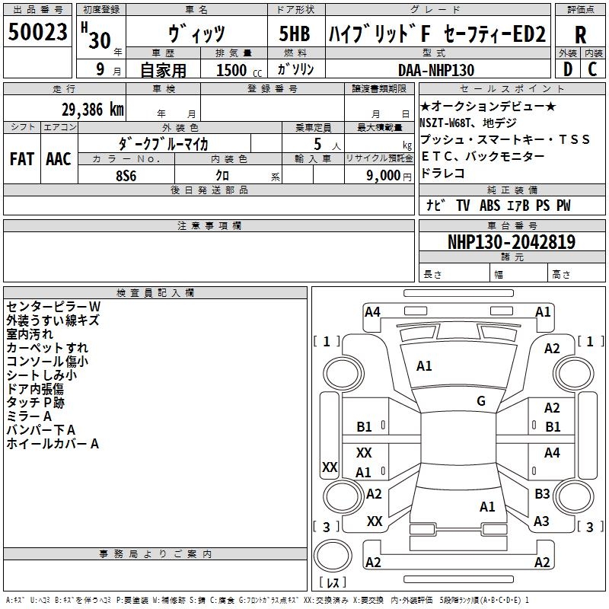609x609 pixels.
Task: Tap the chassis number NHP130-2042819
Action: coord(511,242)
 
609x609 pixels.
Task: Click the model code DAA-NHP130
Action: coord(436,70)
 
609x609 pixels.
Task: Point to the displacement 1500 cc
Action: coord(237,70)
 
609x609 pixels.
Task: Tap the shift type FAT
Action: coord(22,159)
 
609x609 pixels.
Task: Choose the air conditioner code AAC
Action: coord(58,159)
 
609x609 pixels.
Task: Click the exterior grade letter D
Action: coord(568,70)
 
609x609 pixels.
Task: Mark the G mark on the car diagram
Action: coord(481,401)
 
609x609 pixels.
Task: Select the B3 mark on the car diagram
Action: coord(542,494)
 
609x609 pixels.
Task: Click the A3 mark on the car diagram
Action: coord(541,521)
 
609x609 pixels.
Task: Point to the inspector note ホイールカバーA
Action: coord(53,443)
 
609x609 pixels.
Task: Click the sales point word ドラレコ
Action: coord(442,173)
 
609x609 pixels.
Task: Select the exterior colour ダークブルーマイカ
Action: coord(163,143)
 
